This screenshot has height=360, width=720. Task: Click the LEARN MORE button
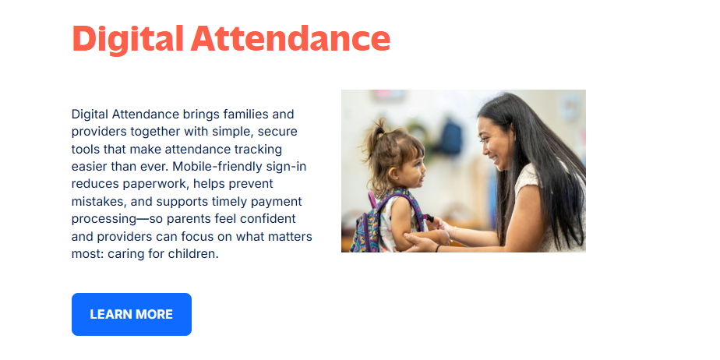click(x=132, y=315)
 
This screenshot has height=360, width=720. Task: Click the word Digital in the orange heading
click(x=128, y=40)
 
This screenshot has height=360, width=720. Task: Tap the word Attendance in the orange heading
click(x=291, y=38)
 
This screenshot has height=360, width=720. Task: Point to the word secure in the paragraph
click(x=277, y=132)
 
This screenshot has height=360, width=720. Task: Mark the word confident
click(x=268, y=218)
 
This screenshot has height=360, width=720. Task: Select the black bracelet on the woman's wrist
click(x=438, y=248)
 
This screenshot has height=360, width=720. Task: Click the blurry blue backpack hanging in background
click(x=449, y=136)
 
